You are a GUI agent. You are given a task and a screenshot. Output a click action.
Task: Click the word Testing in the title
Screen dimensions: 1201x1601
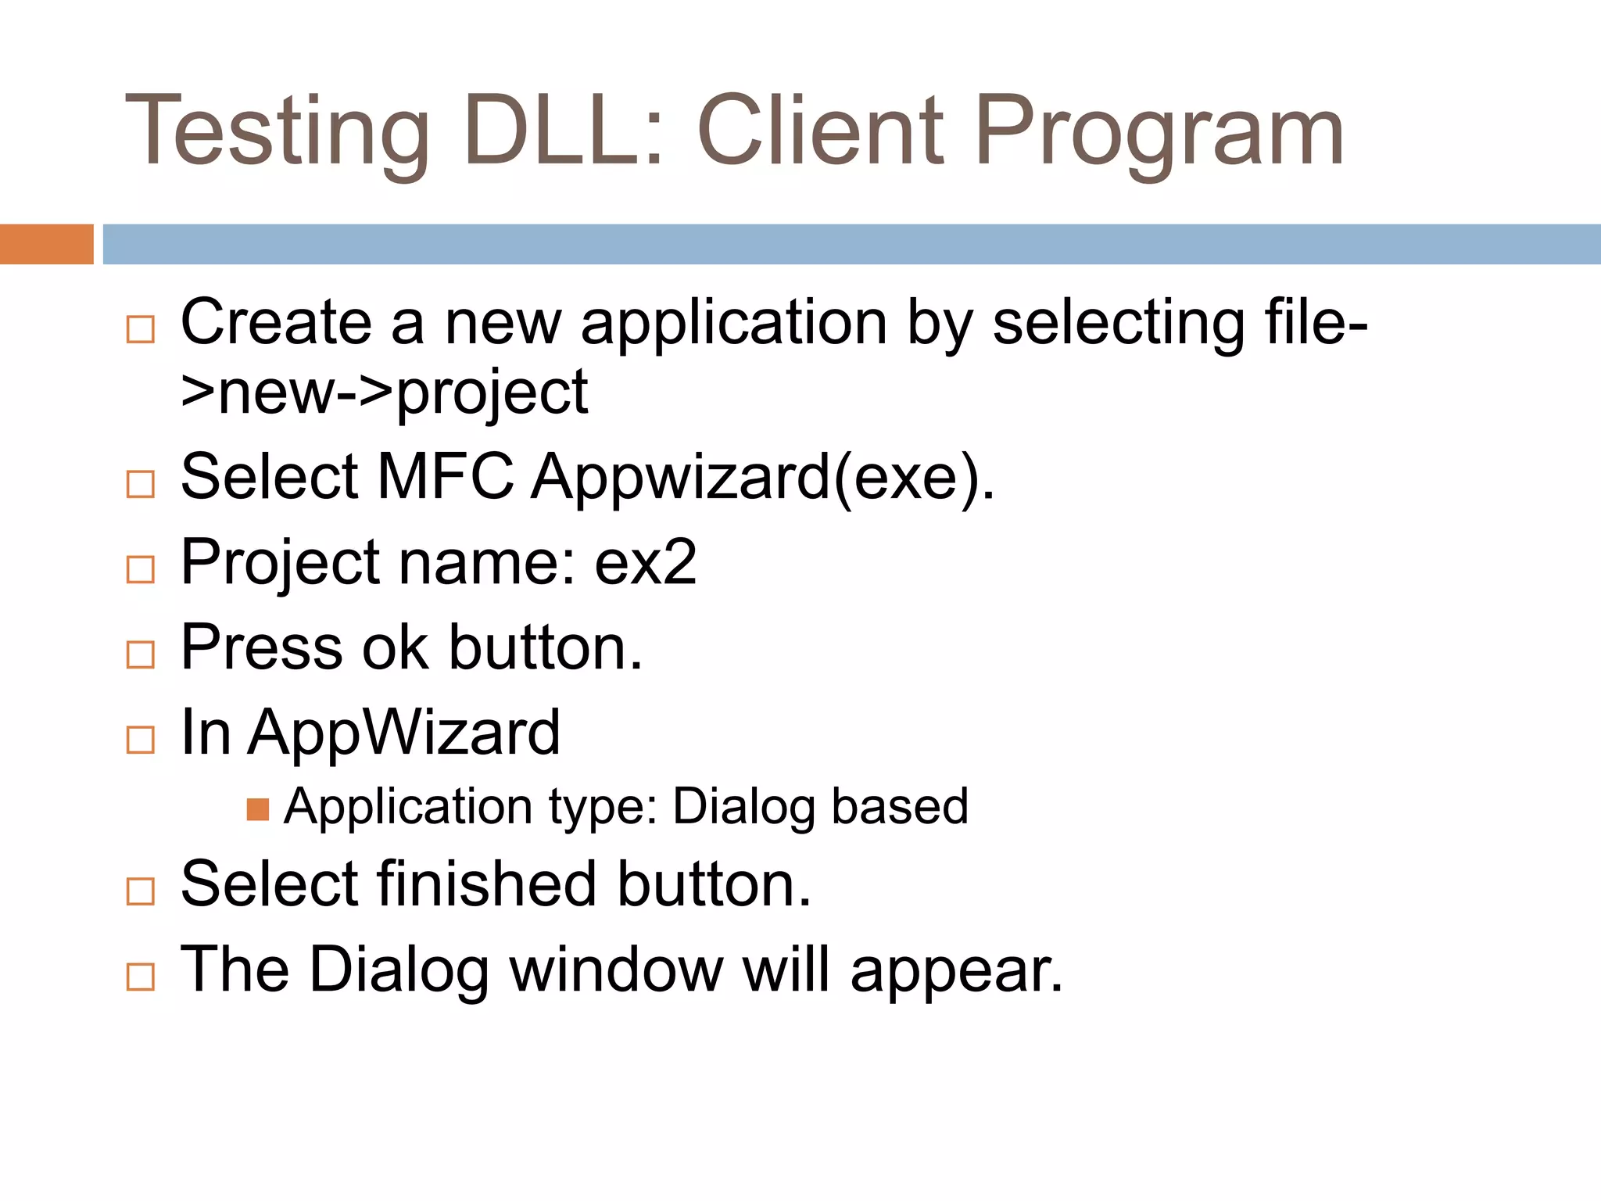point(278,131)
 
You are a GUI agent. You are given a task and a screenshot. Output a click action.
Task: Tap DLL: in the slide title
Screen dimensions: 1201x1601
point(564,130)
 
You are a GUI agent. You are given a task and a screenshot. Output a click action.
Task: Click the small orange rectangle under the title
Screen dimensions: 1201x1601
point(46,244)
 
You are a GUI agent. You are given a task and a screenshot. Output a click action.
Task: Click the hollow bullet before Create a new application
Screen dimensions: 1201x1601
point(141,329)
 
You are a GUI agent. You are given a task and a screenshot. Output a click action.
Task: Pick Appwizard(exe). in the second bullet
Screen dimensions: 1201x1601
point(763,478)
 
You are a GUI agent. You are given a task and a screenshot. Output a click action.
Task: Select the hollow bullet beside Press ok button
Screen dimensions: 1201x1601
point(141,654)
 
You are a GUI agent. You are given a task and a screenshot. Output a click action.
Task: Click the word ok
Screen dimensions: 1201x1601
point(395,647)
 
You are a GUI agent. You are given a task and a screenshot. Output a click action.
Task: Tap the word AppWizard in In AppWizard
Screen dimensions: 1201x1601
point(404,733)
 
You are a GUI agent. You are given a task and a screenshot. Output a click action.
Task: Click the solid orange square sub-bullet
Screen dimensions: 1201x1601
point(257,809)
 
